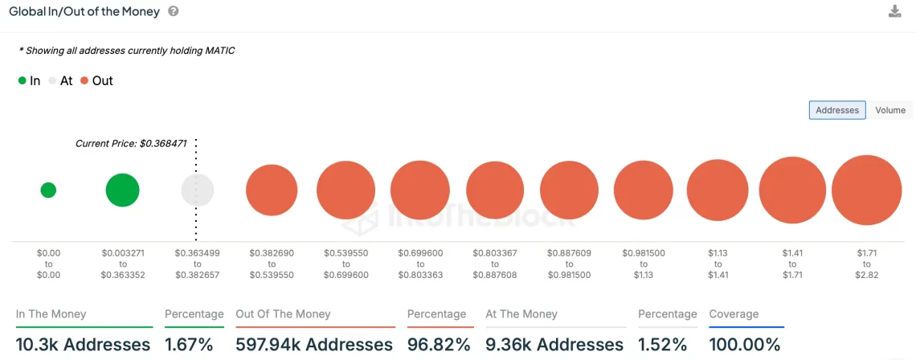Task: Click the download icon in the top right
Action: [x=894, y=11]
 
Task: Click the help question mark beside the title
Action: [x=174, y=12]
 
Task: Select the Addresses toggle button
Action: [x=837, y=110]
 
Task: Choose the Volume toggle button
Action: [x=889, y=110]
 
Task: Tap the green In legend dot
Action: [x=22, y=81]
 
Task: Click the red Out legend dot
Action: [x=84, y=81]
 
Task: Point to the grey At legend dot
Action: [x=53, y=81]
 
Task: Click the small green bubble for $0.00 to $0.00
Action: [x=48, y=190]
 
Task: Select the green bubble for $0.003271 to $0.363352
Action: [x=122, y=190]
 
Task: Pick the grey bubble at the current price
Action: [x=198, y=190]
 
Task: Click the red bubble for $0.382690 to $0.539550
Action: [x=272, y=190]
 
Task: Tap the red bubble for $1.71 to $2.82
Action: [x=866, y=190]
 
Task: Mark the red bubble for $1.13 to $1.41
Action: [x=718, y=190]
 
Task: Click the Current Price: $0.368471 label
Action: [x=131, y=144]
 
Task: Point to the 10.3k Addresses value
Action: [x=83, y=345]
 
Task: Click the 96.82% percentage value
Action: [x=439, y=345]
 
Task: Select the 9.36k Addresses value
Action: [x=554, y=345]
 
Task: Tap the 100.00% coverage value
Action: [x=745, y=345]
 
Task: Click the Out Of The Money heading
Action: [x=283, y=314]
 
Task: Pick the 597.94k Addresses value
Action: [x=314, y=345]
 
